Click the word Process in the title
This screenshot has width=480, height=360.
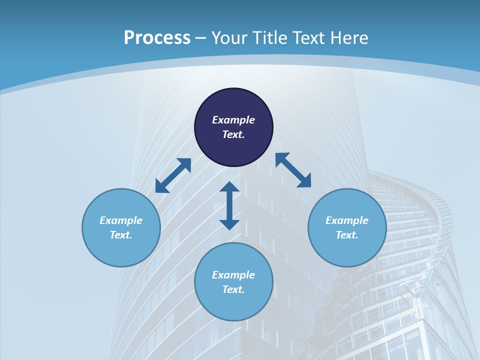tap(157, 38)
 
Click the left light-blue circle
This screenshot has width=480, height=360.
tap(121, 250)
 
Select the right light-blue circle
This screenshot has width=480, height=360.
tap(347, 250)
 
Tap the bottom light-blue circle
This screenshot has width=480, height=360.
tap(233, 305)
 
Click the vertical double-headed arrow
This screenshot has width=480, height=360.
tap(229, 205)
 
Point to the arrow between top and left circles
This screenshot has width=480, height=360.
tap(173, 175)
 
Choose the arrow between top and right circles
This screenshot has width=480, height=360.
tap(293, 170)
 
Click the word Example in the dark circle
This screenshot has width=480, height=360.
tap(233, 120)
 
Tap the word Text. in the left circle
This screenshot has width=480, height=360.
tap(121, 235)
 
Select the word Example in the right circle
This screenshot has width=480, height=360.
tap(347, 220)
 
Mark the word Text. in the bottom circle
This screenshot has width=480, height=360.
tap(233, 289)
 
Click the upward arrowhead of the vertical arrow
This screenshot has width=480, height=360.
tap(229, 187)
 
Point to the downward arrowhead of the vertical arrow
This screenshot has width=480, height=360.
tap(229, 224)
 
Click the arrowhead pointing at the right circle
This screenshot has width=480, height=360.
tap(304, 181)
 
